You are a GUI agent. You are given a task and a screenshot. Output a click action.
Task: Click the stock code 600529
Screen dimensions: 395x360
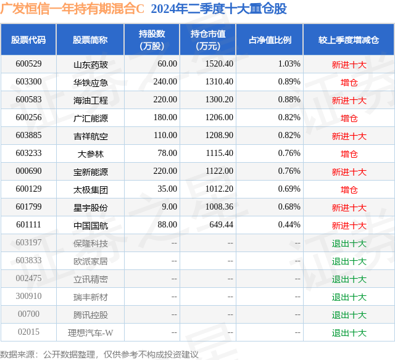click(x=28, y=64)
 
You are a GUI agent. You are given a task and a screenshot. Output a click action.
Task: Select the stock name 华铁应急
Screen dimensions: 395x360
click(x=91, y=82)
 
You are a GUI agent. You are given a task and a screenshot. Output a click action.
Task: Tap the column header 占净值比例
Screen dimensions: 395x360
click(x=270, y=40)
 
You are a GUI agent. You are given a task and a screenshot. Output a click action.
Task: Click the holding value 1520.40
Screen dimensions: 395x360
click(x=219, y=64)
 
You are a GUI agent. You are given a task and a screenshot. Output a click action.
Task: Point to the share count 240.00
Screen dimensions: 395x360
click(x=165, y=82)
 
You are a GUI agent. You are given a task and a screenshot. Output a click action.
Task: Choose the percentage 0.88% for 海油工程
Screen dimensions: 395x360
click(x=289, y=100)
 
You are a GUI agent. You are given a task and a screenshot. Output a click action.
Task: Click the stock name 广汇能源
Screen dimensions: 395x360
click(x=91, y=118)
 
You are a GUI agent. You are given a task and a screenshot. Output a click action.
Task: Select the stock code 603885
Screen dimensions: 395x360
click(x=28, y=136)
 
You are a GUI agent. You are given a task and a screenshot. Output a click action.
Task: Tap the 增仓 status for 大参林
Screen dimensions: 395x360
click(x=349, y=153)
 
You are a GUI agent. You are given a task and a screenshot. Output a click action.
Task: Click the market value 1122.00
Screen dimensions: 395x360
click(x=219, y=171)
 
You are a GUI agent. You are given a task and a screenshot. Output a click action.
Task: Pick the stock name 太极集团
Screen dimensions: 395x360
click(x=91, y=189)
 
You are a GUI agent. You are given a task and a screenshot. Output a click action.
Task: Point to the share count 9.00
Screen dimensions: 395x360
click(x=169, y=207)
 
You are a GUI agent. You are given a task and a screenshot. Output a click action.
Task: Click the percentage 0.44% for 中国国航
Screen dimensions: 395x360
click(x=289, y=224)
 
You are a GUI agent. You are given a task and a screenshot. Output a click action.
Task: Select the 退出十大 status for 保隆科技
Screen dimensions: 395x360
click(x=349, y=243)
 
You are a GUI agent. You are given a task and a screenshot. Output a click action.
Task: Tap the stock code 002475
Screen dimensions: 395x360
click(x=28, y=278)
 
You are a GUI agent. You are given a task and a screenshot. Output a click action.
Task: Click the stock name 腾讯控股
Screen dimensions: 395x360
click(x=91, y=314)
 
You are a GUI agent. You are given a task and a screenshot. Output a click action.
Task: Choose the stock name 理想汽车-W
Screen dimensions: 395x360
click(x=91, y=332)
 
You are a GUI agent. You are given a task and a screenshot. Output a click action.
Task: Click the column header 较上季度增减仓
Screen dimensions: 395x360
click(x=348, y=40)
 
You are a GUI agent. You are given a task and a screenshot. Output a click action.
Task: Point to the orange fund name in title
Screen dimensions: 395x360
click(x=72, y=9)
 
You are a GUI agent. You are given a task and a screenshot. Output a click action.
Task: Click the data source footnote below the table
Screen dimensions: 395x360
click(x=99, y=354)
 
